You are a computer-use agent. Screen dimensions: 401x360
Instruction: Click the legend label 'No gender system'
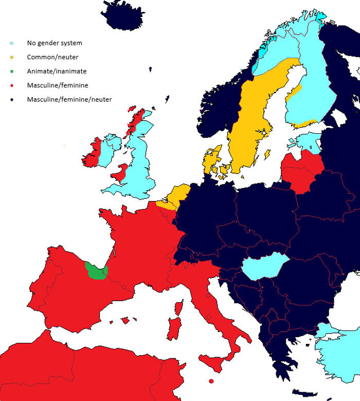[x=54, y=43]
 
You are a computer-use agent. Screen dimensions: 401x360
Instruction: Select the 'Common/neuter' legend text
[x=52, y=57]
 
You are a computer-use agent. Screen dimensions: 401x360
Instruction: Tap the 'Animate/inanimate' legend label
[x=57, y=72]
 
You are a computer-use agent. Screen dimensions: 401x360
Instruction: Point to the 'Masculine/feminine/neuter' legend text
[x=69, y=99]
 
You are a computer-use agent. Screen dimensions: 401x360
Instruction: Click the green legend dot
[x=12, y=72]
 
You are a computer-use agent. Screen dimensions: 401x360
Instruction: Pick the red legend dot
[x=12, y=85]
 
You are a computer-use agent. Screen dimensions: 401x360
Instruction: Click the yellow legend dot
[x=12, y=57]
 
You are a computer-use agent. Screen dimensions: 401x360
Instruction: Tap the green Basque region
[x=95, y=271]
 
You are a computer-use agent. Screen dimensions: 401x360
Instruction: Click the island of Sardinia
[x=174, y=329]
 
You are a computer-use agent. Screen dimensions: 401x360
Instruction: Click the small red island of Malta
[x=211, y=381]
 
